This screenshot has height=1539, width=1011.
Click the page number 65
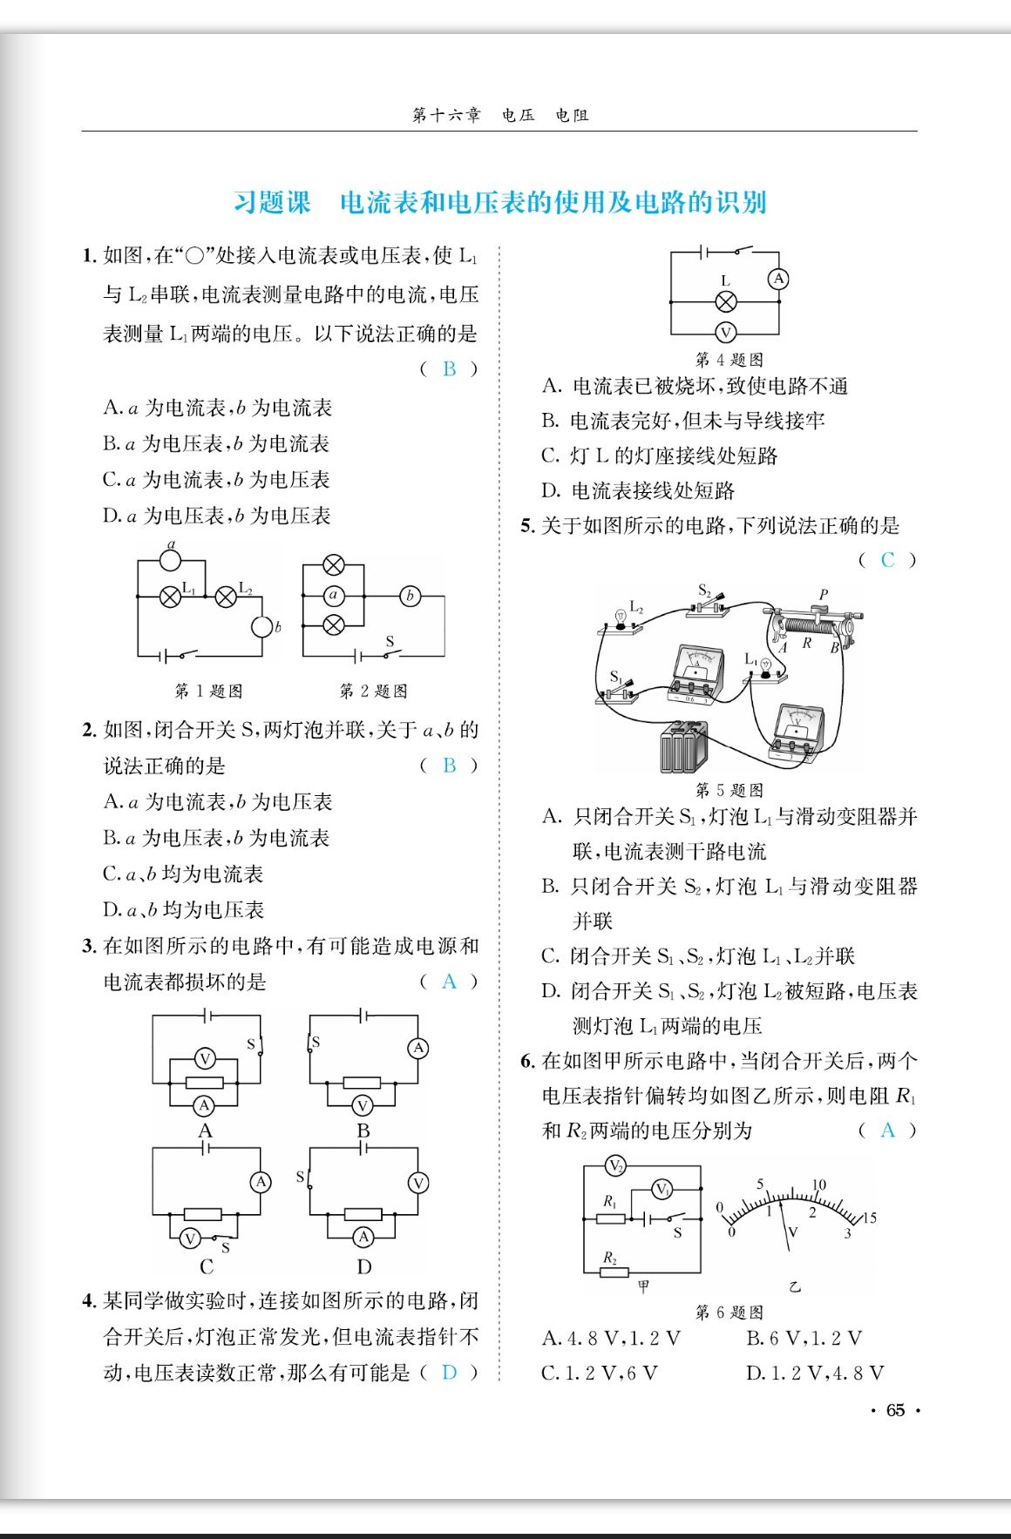895,1410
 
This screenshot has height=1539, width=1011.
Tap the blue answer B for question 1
449,369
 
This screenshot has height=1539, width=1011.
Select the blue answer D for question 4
449,1373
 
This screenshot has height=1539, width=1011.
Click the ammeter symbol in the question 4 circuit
777,279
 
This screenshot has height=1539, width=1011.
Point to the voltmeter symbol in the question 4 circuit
725,332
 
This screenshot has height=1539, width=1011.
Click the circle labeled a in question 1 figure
172,561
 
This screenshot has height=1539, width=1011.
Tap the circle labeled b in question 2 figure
410,597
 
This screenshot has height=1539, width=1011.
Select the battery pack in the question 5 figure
683,747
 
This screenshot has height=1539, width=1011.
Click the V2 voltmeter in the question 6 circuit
615,1165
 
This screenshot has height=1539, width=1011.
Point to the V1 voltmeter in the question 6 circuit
662,1190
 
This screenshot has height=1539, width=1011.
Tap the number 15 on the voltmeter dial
869,1218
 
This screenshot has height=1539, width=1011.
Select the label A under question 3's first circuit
206,1131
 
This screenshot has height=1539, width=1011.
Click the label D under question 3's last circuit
364,1266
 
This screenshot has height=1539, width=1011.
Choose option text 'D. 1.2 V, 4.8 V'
815,1374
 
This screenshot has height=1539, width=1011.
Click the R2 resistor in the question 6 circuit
614,1272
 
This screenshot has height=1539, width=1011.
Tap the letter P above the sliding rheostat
823,594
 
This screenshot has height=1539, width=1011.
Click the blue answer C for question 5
887,560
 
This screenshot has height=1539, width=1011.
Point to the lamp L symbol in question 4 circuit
725,302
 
